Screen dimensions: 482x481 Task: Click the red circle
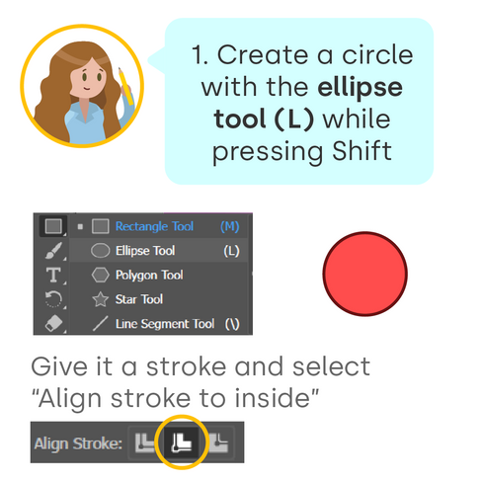click(x=364, y=274)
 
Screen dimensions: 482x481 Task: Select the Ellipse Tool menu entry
click(x=145, y=251)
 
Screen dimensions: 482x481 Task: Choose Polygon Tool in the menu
click(x=149, y=276)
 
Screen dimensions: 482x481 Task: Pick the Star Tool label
click(x=139, y=299)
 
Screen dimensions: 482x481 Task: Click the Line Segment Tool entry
click(x=165, y=324)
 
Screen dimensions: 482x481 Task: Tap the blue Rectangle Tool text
click(x=154, y=226)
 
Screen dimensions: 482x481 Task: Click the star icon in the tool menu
click(x=100, y=299)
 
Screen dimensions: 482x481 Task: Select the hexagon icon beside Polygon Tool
click(x=100, y=275)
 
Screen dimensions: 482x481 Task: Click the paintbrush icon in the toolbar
click(x=53, y=251)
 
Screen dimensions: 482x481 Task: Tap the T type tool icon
click(x=53, y=275)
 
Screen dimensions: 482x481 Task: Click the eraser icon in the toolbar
click(x=53, y=323)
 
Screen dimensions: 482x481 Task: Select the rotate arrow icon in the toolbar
click(x=53, y=299)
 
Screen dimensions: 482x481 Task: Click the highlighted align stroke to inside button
click(x=182, y=442)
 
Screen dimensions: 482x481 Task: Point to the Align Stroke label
click(x=78, y=443)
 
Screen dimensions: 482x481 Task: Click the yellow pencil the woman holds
click(x=125, y=86)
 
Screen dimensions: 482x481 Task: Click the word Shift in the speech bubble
click(x=361, y=151)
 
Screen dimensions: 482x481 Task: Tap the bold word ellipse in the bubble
click(x=361, y=88)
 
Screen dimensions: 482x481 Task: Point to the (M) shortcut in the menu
click(x=230, y=226)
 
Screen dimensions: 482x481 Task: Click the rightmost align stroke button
click(x=218, y=442)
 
